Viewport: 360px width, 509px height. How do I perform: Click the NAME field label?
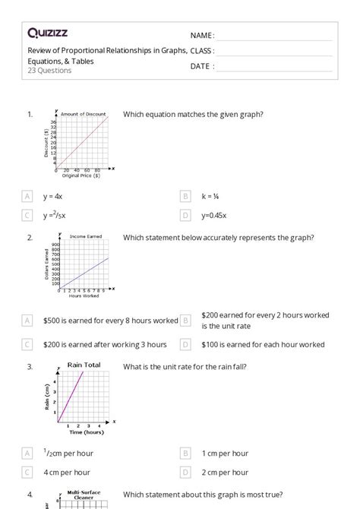tap(202, 36)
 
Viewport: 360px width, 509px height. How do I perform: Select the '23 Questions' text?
tap(49, 71)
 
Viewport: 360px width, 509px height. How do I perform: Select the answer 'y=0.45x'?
tap(214, 216)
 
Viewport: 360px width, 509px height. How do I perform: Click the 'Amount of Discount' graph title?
tap(86, 113)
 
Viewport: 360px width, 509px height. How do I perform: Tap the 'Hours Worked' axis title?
tap(80, 296)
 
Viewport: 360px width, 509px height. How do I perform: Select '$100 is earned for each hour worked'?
tap(263, 344)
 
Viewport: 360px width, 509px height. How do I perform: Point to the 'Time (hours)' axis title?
tap(86, 432)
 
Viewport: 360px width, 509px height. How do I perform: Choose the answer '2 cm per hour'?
tap(226, 473)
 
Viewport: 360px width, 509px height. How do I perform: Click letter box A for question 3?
tap(28, 454)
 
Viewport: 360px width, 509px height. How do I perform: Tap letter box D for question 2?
tap(185, 344)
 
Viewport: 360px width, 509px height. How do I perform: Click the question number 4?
tap(30, 495)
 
